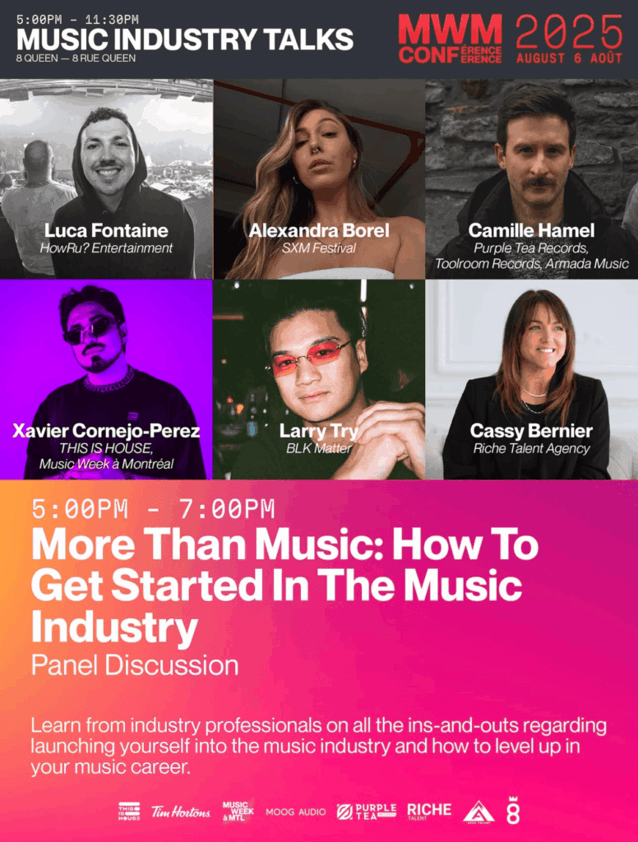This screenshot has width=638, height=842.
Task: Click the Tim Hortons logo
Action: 180,812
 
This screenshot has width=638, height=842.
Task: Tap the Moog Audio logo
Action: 295,812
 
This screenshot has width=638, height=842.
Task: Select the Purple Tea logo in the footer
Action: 366,812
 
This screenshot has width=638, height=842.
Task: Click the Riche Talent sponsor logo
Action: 429,812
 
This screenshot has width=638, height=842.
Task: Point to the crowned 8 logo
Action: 513,810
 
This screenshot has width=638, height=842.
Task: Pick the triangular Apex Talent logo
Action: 478,812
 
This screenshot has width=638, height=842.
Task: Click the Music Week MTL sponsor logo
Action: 238,810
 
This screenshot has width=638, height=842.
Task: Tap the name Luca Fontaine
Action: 106,230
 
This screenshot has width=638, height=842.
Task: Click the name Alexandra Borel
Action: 319,230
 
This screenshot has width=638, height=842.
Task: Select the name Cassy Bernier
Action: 531,431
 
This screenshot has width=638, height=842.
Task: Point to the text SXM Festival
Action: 319,248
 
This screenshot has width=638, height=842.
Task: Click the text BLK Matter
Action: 319,448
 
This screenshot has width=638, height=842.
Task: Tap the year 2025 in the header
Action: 569,32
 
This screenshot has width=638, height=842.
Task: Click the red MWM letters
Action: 450,30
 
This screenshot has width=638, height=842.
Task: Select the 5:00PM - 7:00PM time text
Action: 153,509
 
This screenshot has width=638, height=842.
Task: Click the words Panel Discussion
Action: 135,665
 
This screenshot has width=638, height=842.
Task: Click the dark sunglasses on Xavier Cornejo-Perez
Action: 90,329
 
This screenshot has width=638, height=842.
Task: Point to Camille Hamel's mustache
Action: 538,183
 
